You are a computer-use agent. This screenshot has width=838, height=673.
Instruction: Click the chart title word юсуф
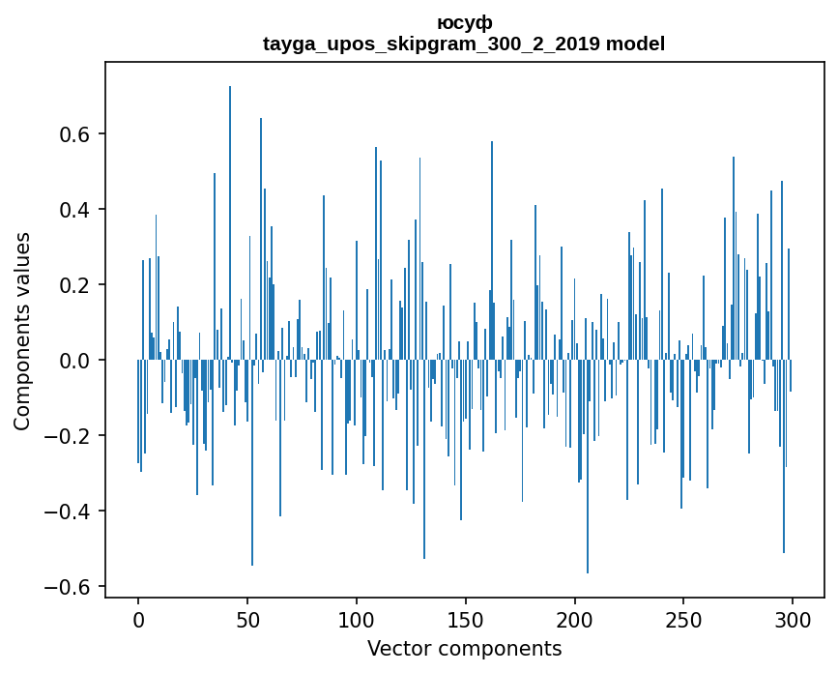(464, 23)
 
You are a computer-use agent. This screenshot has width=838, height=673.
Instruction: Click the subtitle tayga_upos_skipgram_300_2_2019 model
(464, 44)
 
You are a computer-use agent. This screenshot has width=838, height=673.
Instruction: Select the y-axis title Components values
(22, 331)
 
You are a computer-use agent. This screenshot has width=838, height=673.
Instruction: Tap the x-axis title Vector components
(464, 648)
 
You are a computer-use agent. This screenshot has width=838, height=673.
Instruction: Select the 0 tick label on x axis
(138, 620)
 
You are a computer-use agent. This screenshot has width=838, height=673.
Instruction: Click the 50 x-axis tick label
(247, 620)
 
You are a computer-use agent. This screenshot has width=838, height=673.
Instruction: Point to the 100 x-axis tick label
(357, 620)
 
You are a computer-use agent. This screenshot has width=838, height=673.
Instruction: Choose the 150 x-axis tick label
(466, 620)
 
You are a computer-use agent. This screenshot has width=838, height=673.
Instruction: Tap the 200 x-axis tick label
(574, 620)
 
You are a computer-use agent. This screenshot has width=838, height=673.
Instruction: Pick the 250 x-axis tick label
(683, 620)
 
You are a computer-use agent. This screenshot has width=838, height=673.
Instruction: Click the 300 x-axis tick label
(793, 620)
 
